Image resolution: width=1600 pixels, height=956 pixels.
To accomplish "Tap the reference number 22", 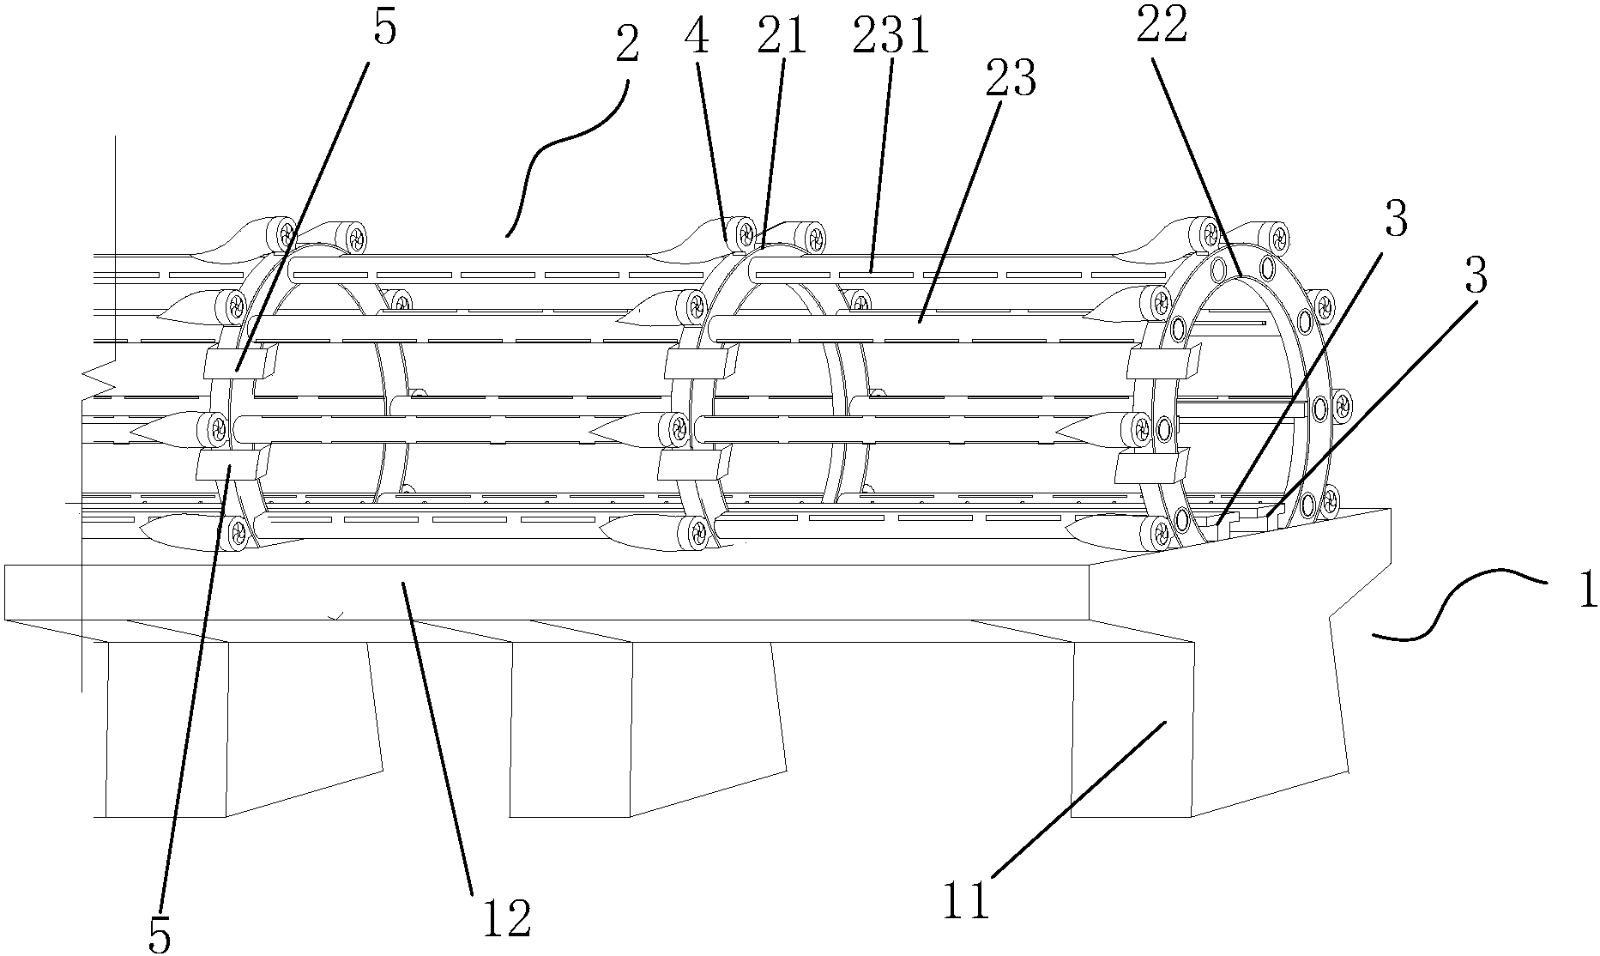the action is (x=1162, y=27).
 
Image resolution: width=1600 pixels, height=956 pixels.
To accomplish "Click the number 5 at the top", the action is (x=386, y=27).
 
